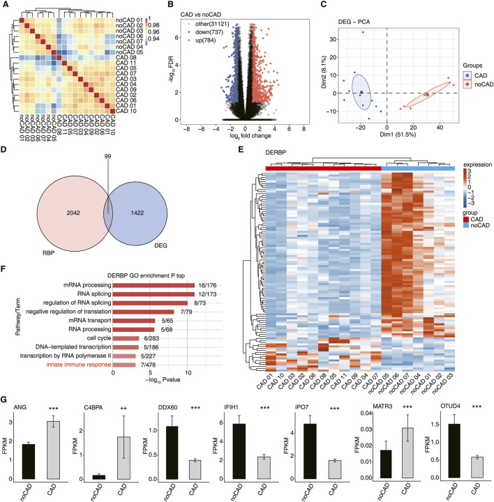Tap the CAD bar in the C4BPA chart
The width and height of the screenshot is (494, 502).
point(121,450)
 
